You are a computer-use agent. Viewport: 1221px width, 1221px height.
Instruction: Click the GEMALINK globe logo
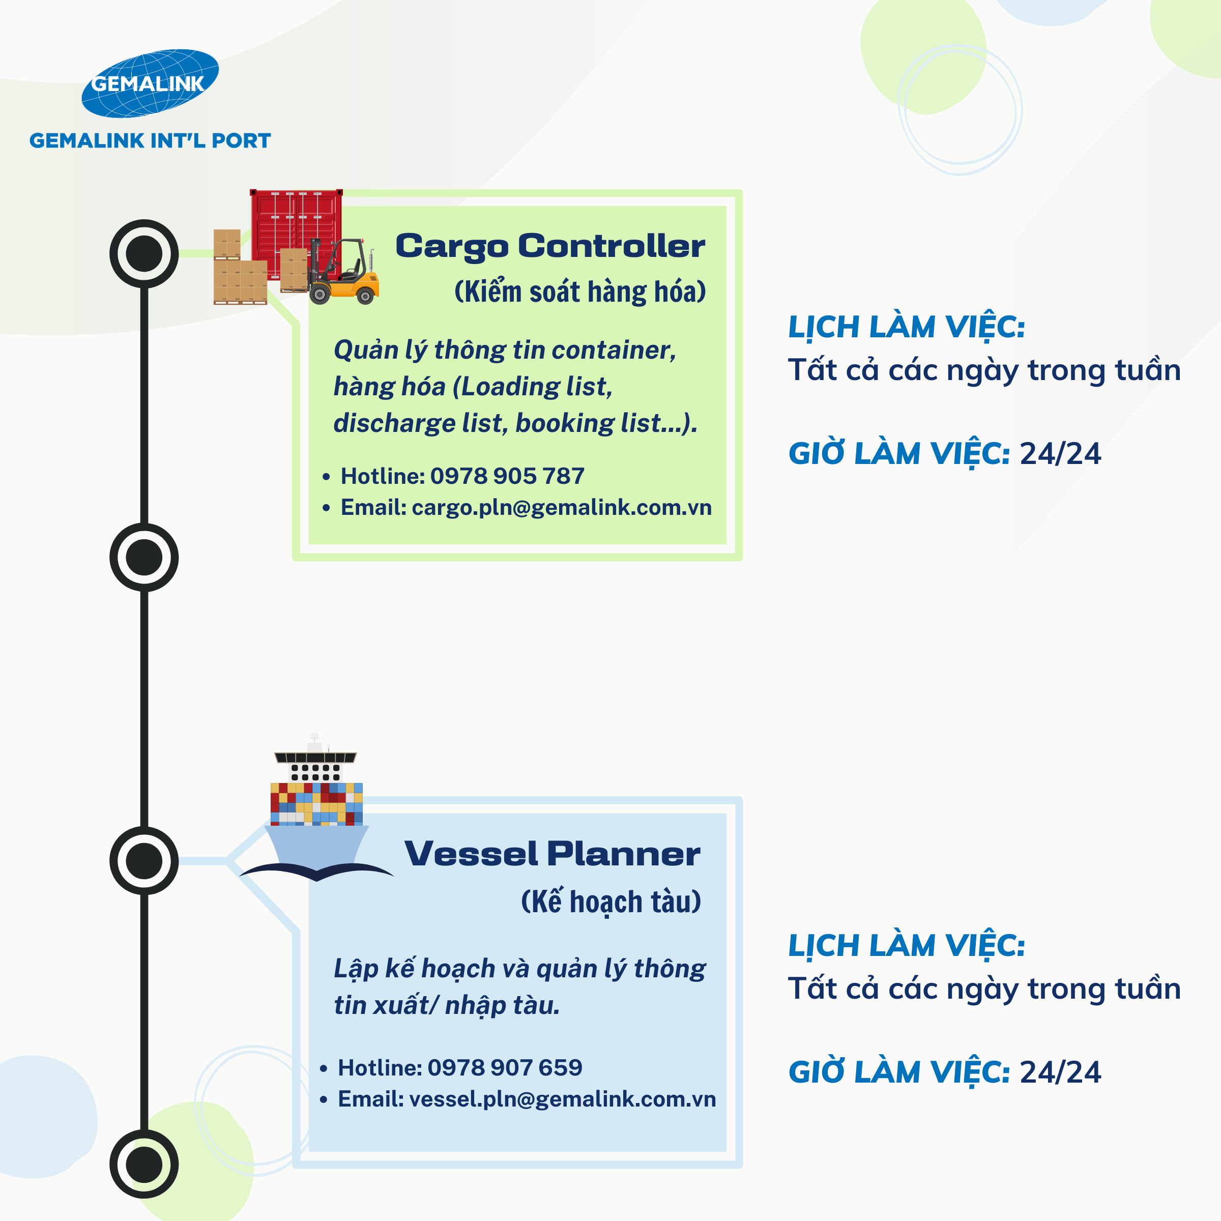pyautogui.click(x=150, y=83)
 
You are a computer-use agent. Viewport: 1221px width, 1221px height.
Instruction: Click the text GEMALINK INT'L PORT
pyautogui.click(x=150, y=140)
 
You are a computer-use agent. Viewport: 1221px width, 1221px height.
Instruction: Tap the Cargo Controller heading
pyautogui.click(x=550, y=246)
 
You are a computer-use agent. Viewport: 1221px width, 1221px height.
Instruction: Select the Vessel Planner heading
pyautogui.click(x=551, y=854)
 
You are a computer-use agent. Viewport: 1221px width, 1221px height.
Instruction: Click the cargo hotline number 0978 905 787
pyautogui.click(x=507, y=476)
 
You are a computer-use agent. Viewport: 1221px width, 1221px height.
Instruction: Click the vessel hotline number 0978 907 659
pyautogui.click(x=504, y=1067)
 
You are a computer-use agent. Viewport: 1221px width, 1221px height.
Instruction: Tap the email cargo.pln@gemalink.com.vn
pyautogui.click(x=561, y=508)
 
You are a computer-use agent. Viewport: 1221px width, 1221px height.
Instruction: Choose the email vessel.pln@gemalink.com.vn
pyautogui.click(x=563, y=1099)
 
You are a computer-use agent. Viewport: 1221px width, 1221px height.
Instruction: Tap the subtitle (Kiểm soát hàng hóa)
pyautogui.click(x=579, y=292)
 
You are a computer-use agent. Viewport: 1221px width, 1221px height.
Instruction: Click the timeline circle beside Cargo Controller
pyautogui.click(x=144, y=253)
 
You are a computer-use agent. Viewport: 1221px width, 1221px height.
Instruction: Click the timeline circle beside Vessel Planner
pyautogui.click(x=144, y=860)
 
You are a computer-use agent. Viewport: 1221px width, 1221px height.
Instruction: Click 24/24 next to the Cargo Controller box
pyautogui.click(x=1060, y=454)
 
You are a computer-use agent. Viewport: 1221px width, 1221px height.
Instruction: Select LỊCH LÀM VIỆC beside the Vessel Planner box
pyautogui.click(x=906, y=946)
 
